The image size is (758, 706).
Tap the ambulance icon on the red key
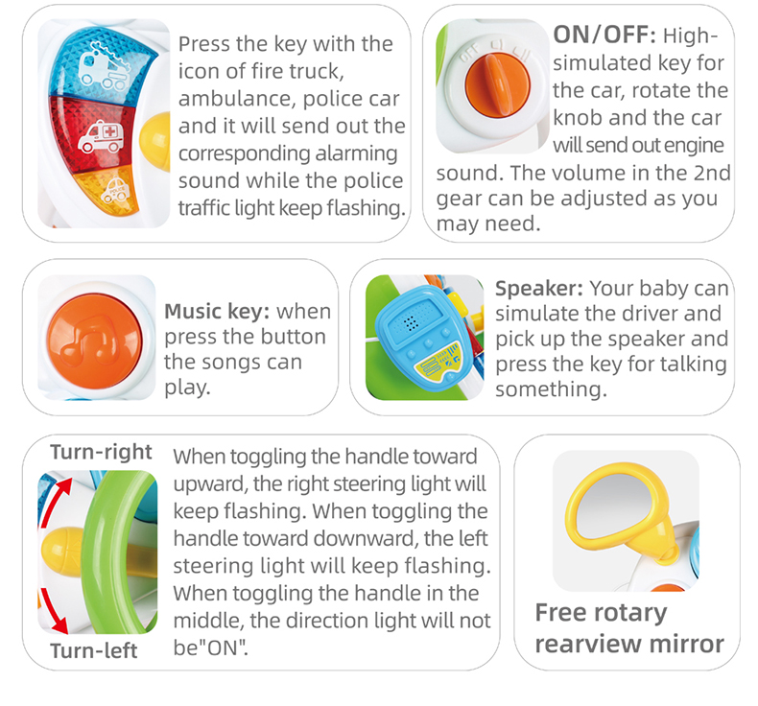(102, 137)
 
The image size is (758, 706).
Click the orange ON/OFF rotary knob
(498, 85)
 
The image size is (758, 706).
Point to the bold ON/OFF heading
(604, 35)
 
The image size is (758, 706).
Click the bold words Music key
(217, 311)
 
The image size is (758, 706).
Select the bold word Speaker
(539, 289)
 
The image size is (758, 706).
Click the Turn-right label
(101, 453)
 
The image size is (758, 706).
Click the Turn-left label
(94, 651)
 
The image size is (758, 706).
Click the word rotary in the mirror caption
(630, 613)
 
